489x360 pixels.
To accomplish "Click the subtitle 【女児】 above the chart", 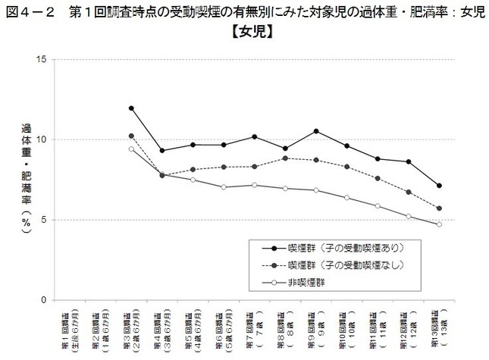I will (x=244, y=33).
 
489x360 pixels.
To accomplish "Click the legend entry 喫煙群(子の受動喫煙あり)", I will (x=338, y=247).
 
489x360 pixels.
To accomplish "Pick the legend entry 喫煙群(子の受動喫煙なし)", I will (x=338, y=266).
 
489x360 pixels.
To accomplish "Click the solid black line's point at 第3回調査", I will (x=131, y=108).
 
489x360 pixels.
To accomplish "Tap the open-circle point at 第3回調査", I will (x=131, y=149).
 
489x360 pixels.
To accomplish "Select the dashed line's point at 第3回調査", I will (x=131, y=136).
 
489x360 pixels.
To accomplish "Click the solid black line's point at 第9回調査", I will (x=315, y=131).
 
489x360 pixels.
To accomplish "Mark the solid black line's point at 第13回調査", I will (x=439, y=186).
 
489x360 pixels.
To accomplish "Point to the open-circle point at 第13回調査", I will (x=439, y=224).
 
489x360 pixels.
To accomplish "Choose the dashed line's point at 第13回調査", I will (x=439, y=208).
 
